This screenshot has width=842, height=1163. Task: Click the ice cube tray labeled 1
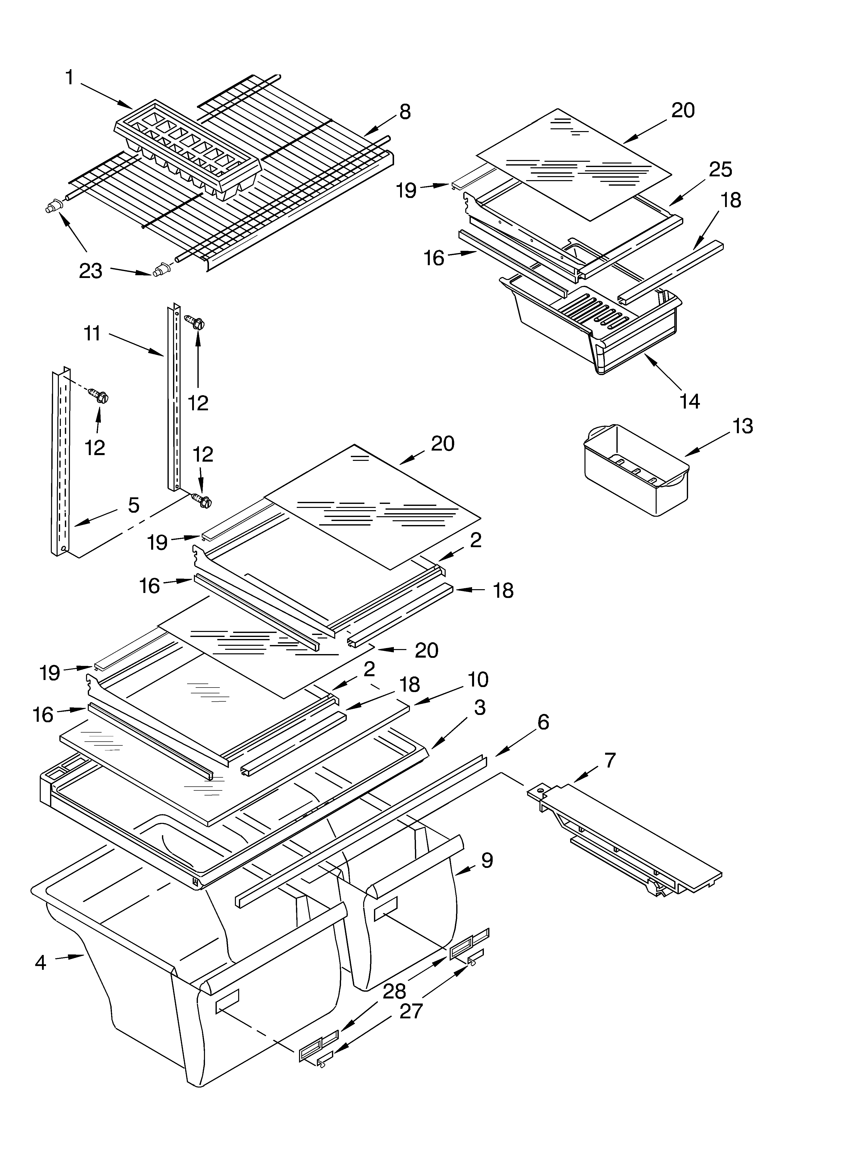[x=187, y=154]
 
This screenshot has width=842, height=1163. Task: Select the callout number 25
[x=721, y=170]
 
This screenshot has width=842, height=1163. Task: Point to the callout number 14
[x=690, y=401]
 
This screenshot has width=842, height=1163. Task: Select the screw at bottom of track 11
[x=201, y=500]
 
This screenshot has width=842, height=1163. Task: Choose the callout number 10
[x=478, y=680]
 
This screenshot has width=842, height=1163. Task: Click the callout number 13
[x=742, y=426]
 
